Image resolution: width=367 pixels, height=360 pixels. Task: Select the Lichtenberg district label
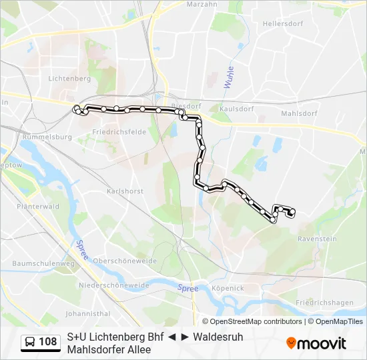[69, 78]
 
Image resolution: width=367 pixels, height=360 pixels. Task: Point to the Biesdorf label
[186, 105]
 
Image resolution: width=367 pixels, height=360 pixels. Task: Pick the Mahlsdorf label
[298, 113]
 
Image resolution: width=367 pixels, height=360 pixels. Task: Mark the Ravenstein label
[317, 239]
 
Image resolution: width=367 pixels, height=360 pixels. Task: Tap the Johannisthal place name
[87, 313]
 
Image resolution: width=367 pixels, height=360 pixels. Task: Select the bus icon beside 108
[30, 342]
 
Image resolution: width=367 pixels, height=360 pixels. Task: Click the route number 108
[48, 342]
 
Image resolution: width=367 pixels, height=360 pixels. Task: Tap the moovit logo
[316, 343]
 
